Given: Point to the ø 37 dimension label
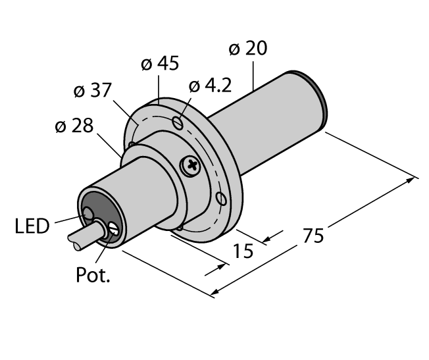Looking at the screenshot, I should coord(91,91).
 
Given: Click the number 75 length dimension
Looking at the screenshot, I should coord(314,235).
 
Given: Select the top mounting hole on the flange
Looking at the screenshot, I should coord(176,122).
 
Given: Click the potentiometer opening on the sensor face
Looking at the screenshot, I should coord(113,229).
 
